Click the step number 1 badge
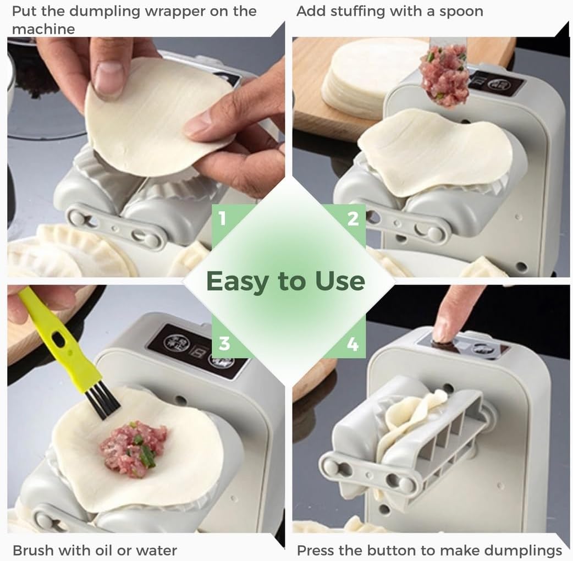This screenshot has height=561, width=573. tap(222, 219)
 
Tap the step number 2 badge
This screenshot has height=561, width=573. tap(353, 219)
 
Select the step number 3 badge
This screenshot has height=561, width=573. tap(224, 344)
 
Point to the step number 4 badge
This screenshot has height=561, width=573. tap(352, 344)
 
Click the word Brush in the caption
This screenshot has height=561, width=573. tap(33, 550)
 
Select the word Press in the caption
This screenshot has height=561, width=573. tap(316, 550)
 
